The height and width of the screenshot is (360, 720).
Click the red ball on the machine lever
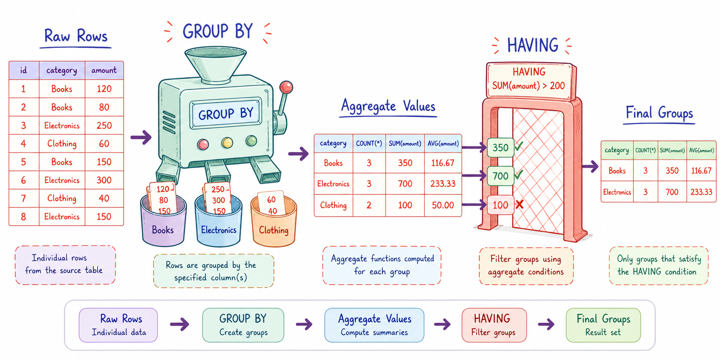[286, 86]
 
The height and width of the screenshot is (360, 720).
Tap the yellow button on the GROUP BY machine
[227, 142]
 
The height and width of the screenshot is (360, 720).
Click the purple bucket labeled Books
[163, 221]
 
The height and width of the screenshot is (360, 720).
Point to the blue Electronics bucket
[218, 221]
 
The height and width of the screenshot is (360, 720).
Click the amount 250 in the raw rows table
[104, 125]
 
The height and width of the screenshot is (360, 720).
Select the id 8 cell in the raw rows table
[24, 217]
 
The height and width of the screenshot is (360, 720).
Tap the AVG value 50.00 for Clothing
[443, 205]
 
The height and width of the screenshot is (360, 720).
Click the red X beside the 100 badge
[520, 205]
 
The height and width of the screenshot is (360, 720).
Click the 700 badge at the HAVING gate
[500, 176]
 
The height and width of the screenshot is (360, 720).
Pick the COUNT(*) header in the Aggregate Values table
[369, 143]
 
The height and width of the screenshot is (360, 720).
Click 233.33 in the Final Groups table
[701, 192]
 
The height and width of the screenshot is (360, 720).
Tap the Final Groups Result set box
[604, 325]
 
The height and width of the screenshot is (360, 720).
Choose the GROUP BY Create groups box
[243, 325]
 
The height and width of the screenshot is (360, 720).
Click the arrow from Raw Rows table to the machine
[141, 137]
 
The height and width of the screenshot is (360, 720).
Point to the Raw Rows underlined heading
[76, 38]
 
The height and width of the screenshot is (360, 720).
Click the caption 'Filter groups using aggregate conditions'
[526, 265]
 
